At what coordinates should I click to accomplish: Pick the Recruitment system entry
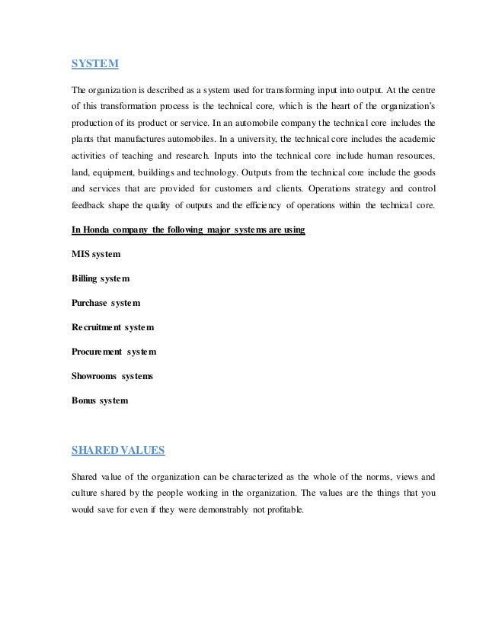point(113,327)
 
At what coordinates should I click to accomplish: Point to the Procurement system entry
point(114,352)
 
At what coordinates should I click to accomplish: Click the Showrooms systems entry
point(112,376)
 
